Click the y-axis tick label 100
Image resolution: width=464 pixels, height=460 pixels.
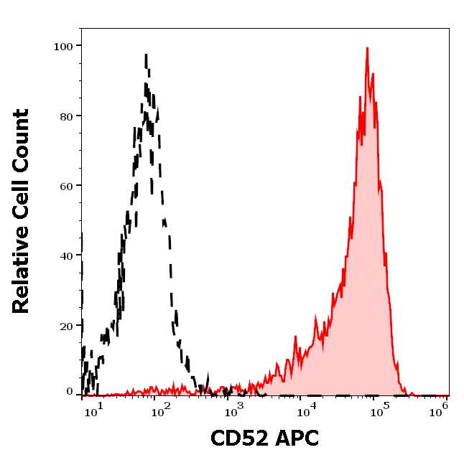tap(64, 46)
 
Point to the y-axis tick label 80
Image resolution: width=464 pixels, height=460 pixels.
tap(67, 116)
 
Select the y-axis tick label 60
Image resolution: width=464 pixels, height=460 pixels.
tap(67, 186)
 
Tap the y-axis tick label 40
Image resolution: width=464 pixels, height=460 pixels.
tap(67, 256)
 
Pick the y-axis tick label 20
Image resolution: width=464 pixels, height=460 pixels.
tap(67, 326)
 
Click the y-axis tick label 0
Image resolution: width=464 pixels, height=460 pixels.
tap(70, 393)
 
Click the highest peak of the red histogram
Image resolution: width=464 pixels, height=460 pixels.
tap(367, 49)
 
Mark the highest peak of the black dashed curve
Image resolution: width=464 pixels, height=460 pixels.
tap(147, 55)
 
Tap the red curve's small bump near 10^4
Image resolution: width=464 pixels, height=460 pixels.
tap(295, 337)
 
